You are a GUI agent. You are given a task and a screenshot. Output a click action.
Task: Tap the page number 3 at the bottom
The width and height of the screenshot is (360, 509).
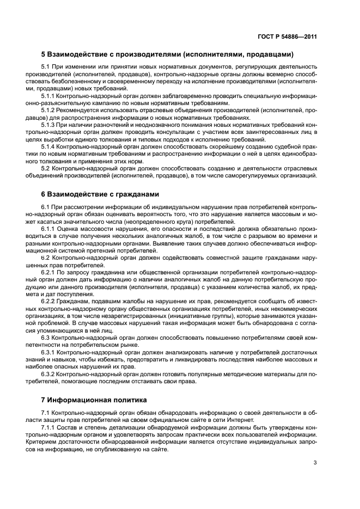click(315, 464)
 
